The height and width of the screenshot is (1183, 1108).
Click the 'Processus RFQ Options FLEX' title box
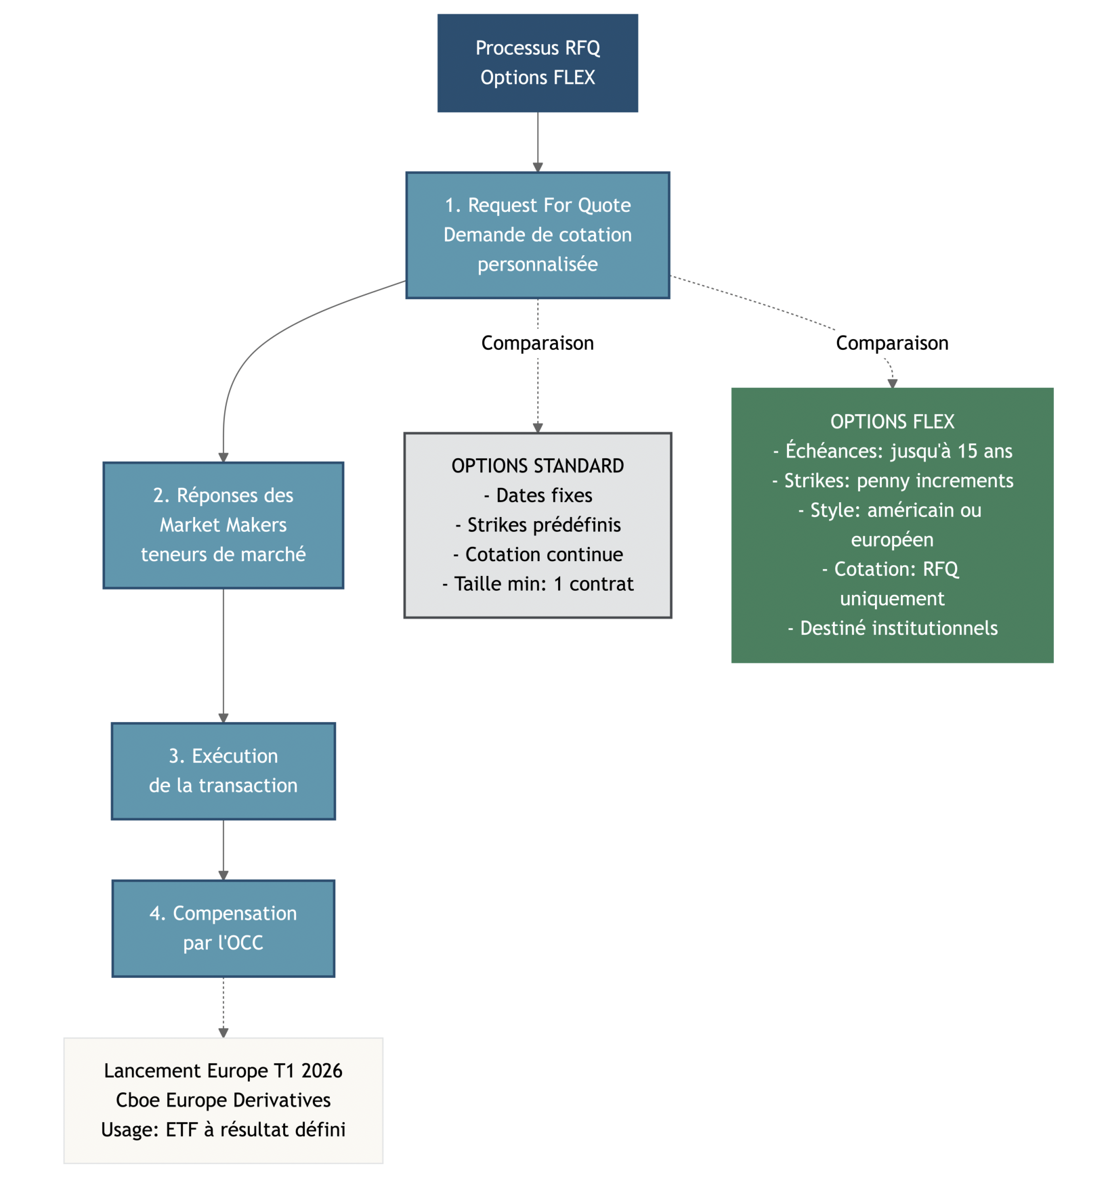(x=537, y=63)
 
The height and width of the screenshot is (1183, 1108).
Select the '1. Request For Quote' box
(x=537, y=235)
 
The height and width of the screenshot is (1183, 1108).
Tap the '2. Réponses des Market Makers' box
(x=223, y=525)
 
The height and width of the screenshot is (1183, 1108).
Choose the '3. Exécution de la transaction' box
(x=223, y=771)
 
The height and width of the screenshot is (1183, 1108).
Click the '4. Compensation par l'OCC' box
(x=223, y=928)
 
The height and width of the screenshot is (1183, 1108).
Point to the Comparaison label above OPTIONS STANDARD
(x=537, y=343)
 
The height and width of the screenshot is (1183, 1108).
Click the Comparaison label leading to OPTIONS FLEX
(x=891, y=343)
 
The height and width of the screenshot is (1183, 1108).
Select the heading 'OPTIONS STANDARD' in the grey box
(x=537, y=466)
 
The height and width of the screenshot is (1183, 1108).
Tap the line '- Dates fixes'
(x=537, y=495)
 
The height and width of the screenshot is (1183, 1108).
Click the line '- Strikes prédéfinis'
(x=537, y=525)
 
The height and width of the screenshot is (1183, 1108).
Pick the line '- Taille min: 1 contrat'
(x=537, y=584)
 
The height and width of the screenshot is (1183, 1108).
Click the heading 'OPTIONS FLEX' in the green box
(x=891, y=422)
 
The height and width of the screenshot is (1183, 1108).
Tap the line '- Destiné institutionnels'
(x=891, y=628)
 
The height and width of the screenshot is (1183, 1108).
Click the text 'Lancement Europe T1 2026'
(x=223, y=1071)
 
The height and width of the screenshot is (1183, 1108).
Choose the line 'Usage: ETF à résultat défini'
(x=223, y=1130)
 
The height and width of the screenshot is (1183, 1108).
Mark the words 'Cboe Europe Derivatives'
(x=223, y=1100)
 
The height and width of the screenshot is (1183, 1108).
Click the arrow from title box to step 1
(x=537, y=141)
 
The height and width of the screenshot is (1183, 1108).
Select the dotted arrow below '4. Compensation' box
(x=223, y=1006)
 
